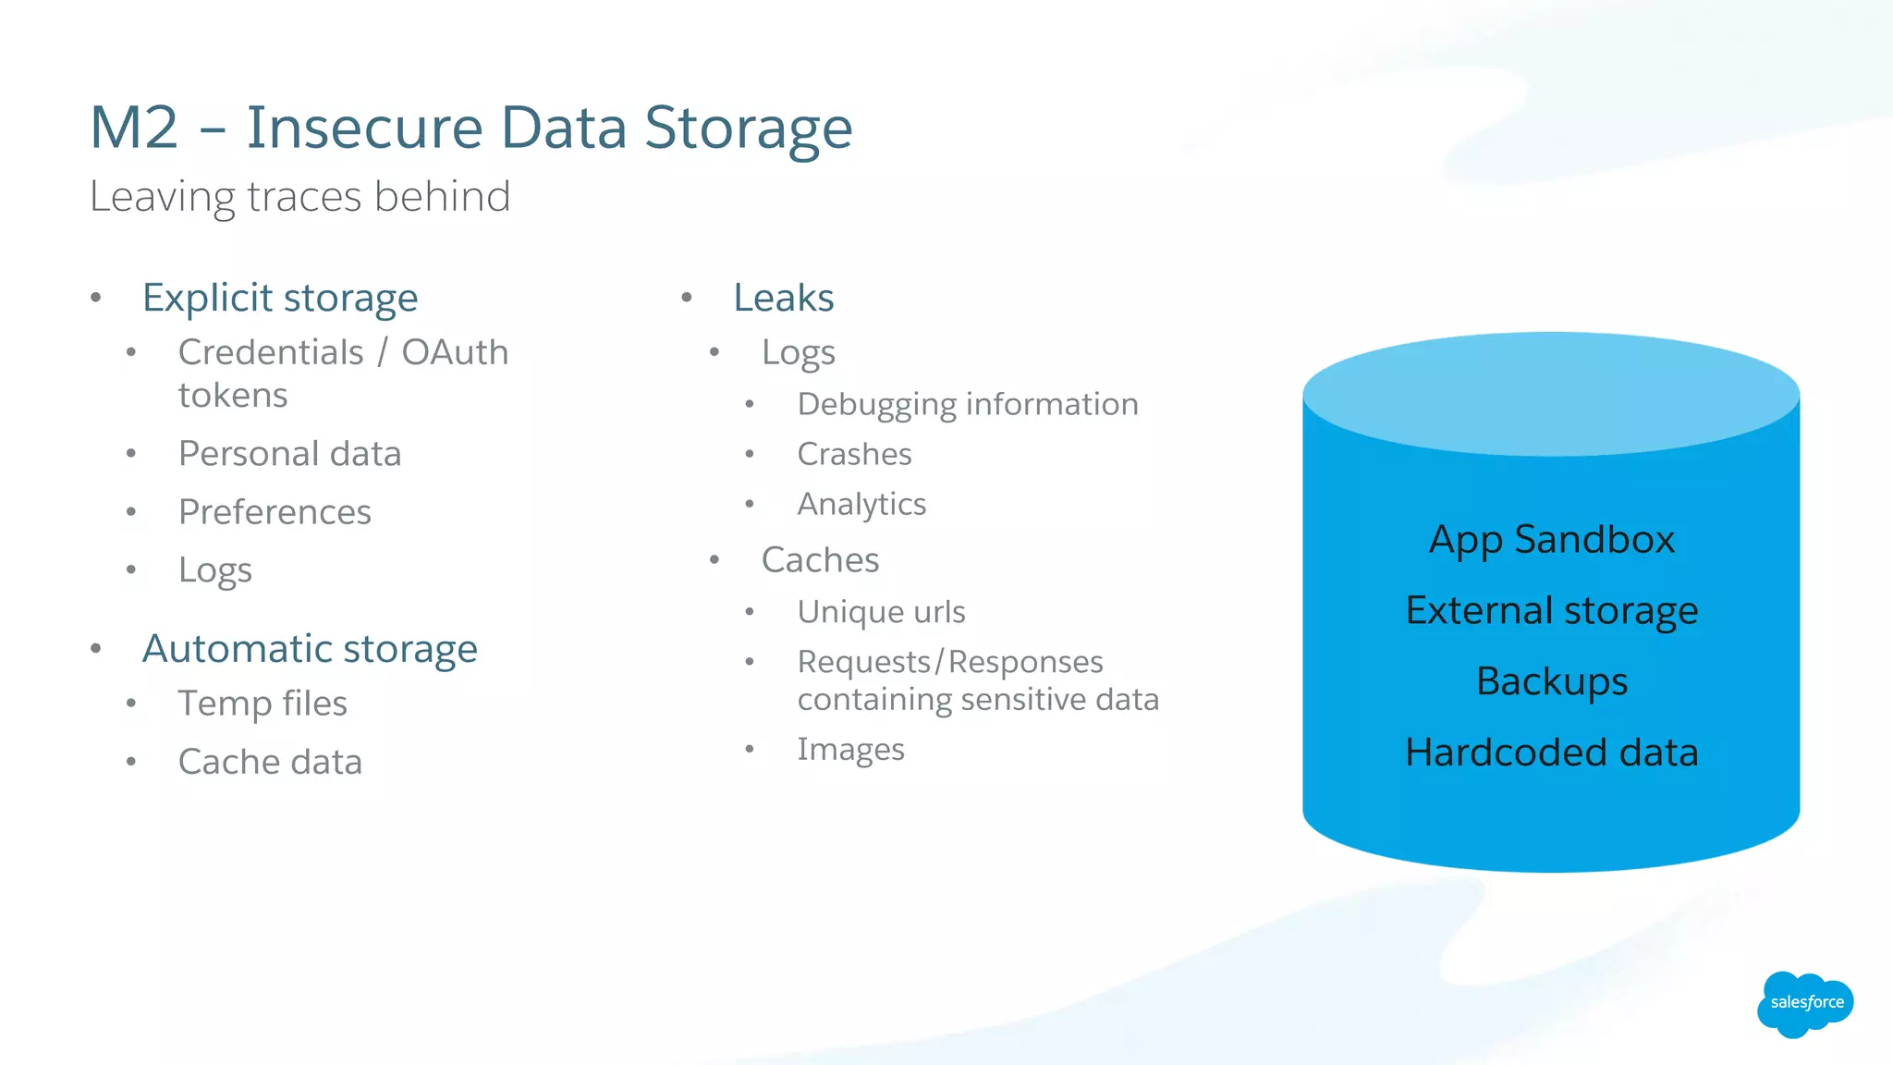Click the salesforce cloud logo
(x=1805, y=1004)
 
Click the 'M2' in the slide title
(x=134, y=128)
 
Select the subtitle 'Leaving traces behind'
(x=299, y=197)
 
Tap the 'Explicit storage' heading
(x=280, y=298)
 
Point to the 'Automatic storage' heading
(x=310, y=649)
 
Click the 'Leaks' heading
(x=783, y=298)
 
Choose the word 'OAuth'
(x=455, y=352)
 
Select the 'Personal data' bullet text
(x=289, y=454)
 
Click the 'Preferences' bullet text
(x=275, y=512)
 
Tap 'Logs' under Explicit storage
(x=214, y=570)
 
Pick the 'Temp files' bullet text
(x=263, y=704)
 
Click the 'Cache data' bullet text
(x=270, y=762)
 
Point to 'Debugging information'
(x=968, y=404)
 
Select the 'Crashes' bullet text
(x=854, y=454)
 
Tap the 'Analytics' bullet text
(x=861, y=504)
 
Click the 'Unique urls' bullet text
(x=881, y=612)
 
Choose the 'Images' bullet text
(x=850, y=749)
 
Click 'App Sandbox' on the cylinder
(x=1551, y=540)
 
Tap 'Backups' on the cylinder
(x=1551, y=681)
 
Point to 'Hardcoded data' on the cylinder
(x=1551, y=753)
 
